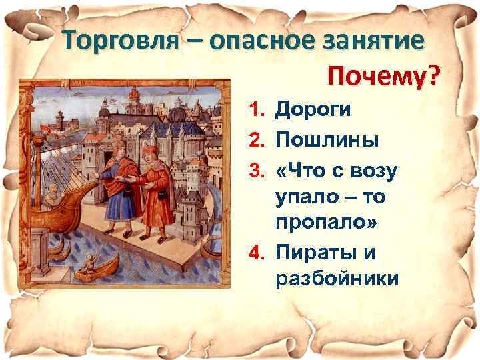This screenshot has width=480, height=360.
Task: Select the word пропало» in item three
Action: (326, 223)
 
